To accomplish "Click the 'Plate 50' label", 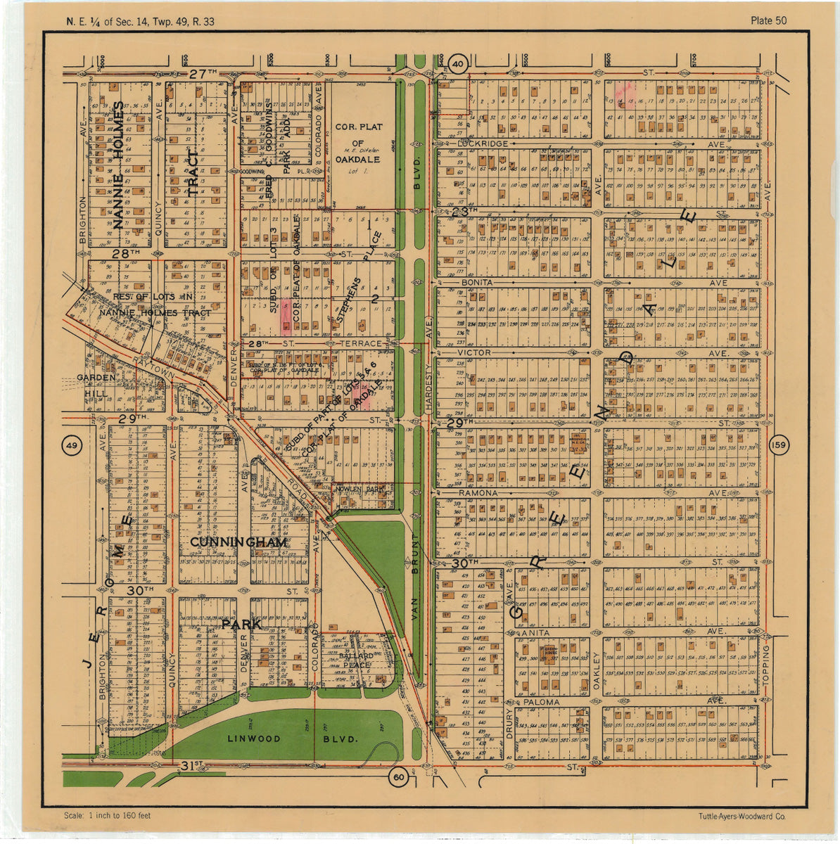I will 768,20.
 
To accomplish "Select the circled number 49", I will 72,445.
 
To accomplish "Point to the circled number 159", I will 778,445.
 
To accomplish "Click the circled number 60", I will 399,776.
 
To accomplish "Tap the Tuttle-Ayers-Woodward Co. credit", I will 742,817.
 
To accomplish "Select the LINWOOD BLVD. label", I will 293,739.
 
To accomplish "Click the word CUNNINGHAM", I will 238,543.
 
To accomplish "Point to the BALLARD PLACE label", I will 356,660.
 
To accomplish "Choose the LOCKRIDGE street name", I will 483,143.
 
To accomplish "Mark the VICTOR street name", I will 474,352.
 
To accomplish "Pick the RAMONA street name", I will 478,494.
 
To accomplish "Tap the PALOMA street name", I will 541,702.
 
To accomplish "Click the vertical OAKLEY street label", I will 595,669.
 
